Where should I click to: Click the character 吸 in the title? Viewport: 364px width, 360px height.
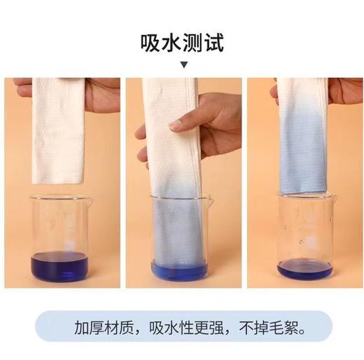[150, 43]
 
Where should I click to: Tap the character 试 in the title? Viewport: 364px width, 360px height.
[214, 43]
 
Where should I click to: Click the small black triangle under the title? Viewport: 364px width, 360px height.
[185, 64]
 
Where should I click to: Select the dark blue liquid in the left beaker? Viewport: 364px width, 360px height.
[59, 267]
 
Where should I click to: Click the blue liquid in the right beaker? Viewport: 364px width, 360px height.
[305, 269]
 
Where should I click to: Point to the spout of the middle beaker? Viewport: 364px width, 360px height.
[209, 200]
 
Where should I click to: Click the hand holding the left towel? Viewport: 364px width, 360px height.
[103, 95]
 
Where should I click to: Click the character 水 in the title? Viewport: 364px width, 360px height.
[171, 43]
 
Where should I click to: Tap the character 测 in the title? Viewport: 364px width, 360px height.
[193, 43]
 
